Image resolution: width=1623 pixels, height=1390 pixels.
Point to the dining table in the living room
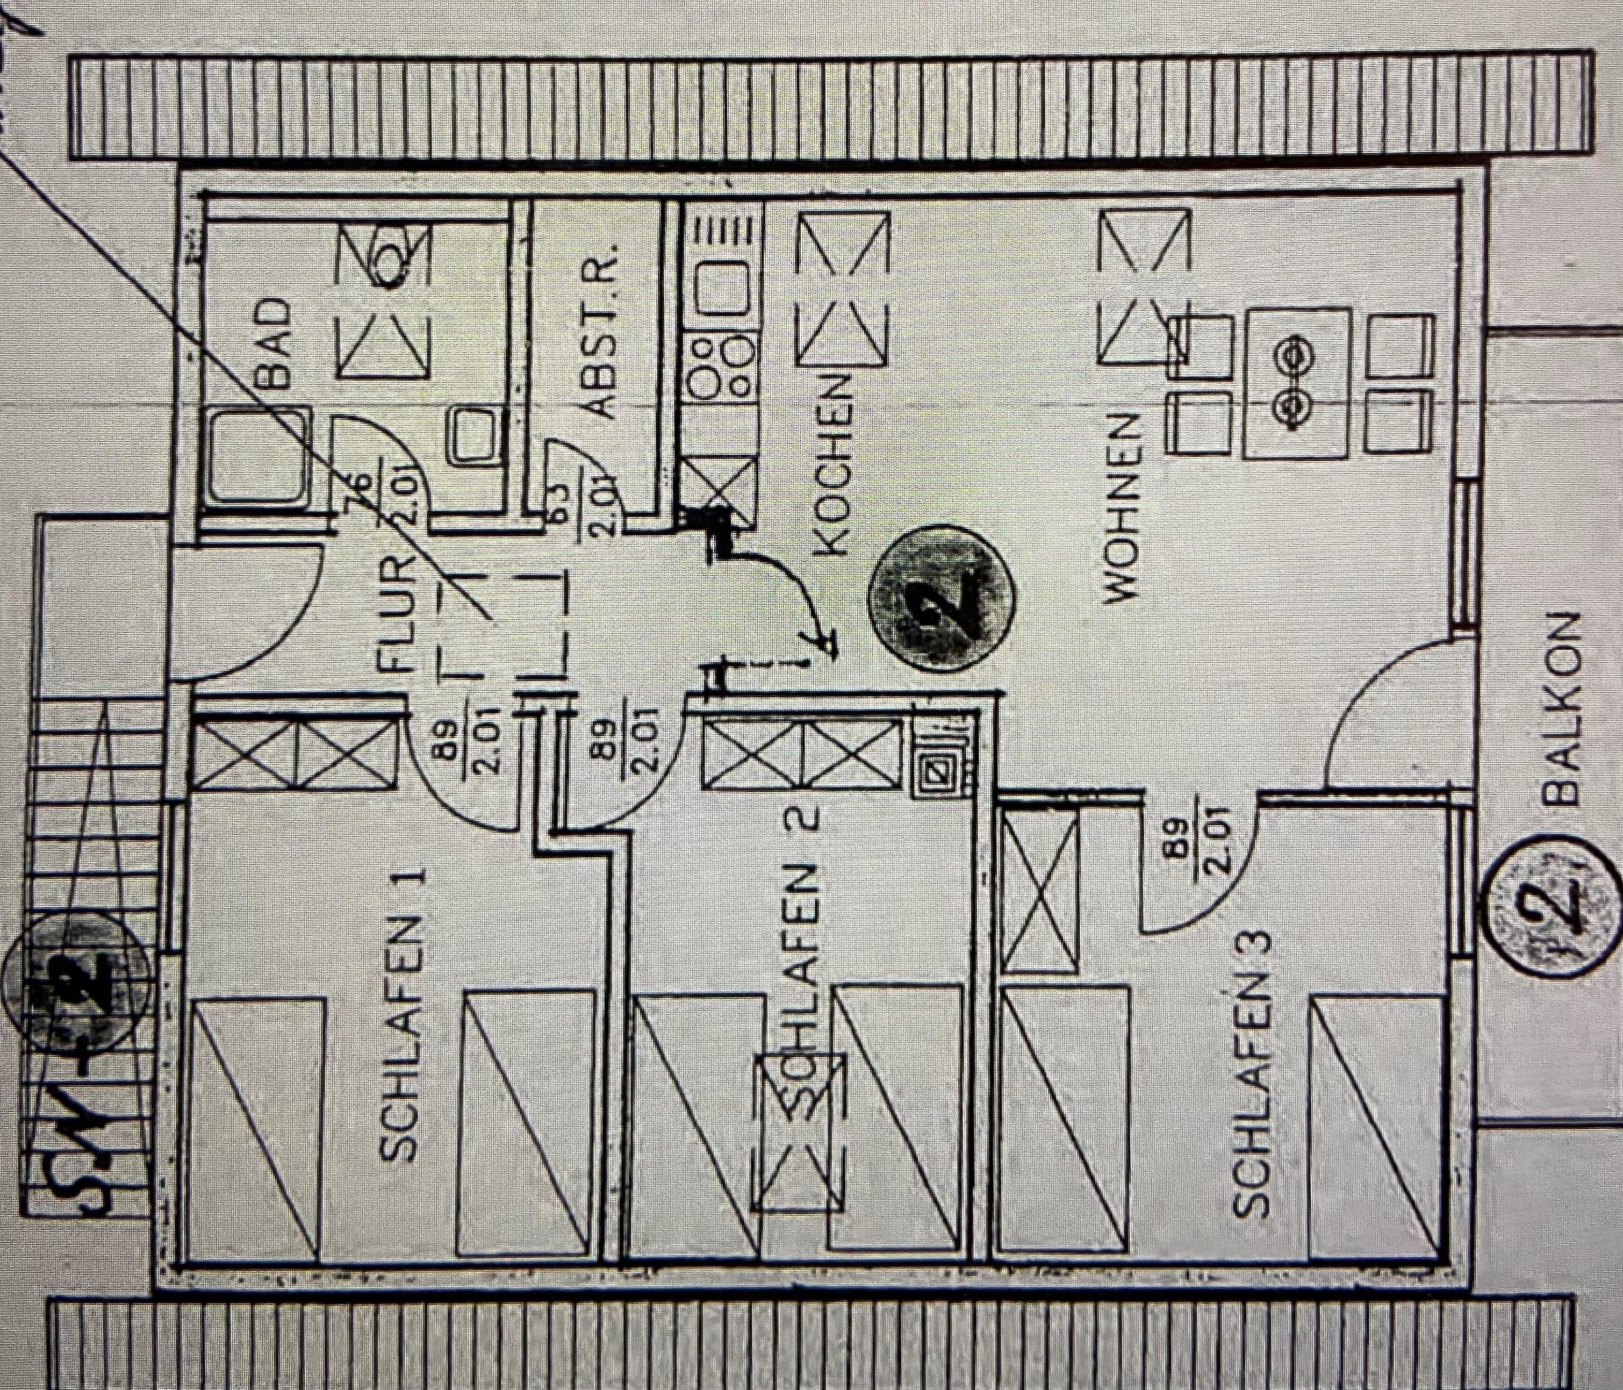point(1296,382)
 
